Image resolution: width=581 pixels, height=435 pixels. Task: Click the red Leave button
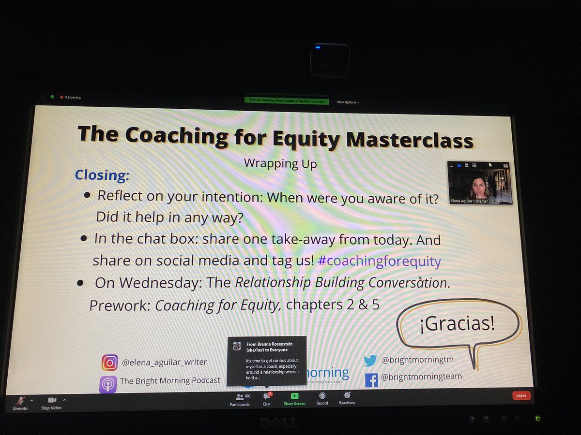(x=521, y=395)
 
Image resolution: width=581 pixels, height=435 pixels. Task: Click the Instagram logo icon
(x=109, y=362)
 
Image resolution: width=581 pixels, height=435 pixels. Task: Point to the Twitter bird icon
(x=370, y=360)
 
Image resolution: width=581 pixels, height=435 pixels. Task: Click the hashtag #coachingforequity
(x=380, y=261)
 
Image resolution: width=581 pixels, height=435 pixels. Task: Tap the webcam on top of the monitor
(x=330, y=60)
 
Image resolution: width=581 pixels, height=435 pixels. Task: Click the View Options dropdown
(x=348, y=102)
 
